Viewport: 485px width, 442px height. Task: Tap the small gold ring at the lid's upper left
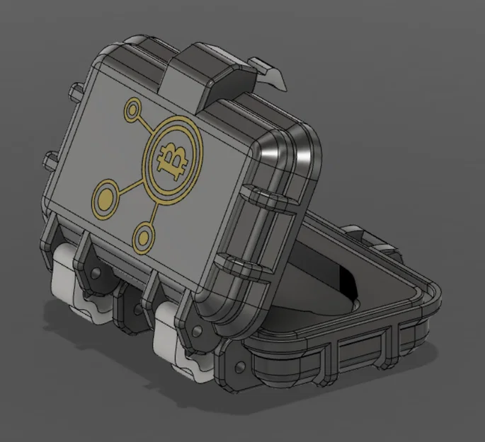[x=132, y=110]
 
